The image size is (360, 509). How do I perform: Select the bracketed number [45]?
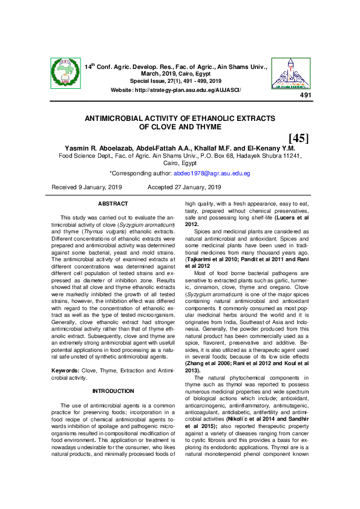point(298,138)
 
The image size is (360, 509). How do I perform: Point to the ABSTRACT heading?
point(113,204)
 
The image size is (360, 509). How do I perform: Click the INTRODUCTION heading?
point(113,391)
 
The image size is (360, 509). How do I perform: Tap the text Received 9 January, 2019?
point(87,188)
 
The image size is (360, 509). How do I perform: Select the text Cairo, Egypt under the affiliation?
point(180,163)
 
